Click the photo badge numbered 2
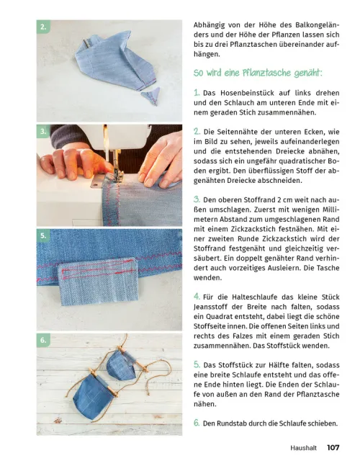[44, 27]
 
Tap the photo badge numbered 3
[44, 132]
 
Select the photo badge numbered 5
[44, 235]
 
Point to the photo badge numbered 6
[44, 339]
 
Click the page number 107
[333, 447]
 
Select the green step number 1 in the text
[197, 92]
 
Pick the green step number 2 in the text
[197, 132]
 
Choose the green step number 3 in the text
[197, 198]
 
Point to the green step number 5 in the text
[197, 364]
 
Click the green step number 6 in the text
[197, 422]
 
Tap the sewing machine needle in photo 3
[110, 158]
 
